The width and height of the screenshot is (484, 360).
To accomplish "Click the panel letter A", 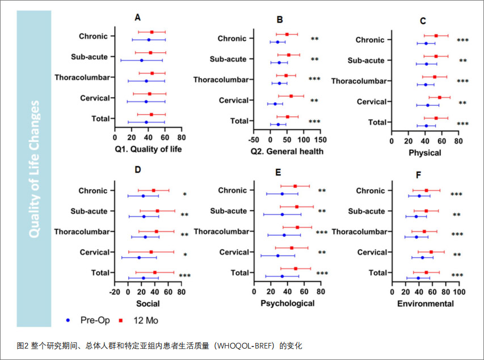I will point(137,18).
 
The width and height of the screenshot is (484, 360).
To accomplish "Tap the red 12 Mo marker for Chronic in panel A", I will point(151,32).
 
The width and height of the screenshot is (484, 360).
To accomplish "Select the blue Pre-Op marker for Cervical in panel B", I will point(275,104).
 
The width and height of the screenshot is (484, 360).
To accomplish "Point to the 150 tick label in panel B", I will point(320,138).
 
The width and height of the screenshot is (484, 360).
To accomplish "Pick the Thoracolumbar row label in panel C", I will point(359,81).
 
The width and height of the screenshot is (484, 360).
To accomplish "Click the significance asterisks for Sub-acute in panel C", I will point(463,61).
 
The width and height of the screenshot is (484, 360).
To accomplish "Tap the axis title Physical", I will point(424,153).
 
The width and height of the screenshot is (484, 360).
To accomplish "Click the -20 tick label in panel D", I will point(115,292).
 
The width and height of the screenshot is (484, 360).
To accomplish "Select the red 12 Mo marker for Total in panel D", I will point(154,273).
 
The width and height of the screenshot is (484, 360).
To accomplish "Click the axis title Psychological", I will point(287,303).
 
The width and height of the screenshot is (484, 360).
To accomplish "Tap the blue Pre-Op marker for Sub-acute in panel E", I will point(282,215).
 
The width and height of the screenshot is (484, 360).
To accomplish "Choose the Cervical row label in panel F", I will point(374,252).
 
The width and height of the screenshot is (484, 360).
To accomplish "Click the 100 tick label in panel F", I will point(458,292).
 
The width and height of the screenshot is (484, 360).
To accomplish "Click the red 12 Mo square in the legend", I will point(121,320).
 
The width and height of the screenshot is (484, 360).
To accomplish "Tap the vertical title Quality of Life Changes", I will point(35,169).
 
